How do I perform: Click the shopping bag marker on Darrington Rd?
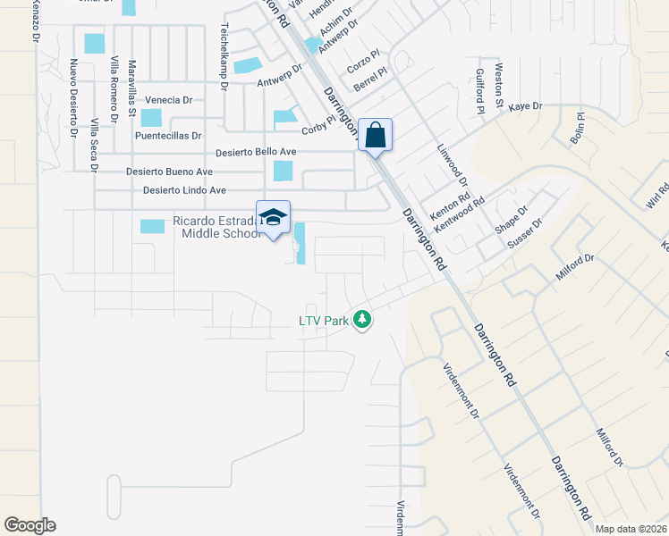point(376,136)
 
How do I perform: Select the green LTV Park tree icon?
point(362,319)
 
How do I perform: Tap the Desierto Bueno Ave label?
point(169,172)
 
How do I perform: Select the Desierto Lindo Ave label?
point(184,190)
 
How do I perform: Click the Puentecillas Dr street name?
point(175,137)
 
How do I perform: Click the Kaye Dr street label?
point(526,106)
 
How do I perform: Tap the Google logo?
point(30,525)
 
